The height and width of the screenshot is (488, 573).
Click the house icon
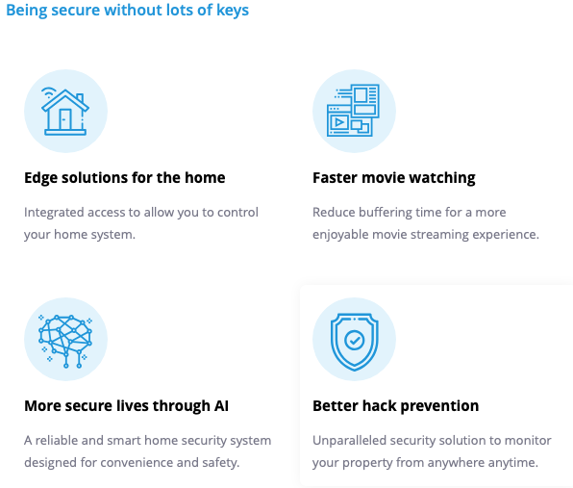(65, 112)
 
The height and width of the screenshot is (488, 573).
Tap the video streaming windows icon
(353, 111)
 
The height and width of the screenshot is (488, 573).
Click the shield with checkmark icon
(354, 342)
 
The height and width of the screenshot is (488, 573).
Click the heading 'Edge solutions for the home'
(125, 178)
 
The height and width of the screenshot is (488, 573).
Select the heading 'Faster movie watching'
(394, 178)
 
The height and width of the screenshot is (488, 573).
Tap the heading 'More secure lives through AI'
(127, 405)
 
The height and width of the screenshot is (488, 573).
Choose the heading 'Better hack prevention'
(396, 405)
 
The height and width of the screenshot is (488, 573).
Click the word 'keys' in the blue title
(233, 11)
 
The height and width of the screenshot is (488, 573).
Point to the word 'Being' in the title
(27, 11)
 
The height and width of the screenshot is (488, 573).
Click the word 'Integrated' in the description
(54, 213)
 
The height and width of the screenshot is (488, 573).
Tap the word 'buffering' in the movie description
(386, 212)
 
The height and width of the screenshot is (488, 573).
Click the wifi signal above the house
(49, 91)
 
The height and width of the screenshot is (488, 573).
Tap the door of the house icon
(65, 119)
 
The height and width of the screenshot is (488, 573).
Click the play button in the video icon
(339, 122)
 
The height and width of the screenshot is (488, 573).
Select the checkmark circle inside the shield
(354, 341)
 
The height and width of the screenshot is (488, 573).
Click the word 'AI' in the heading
(221, 405)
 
